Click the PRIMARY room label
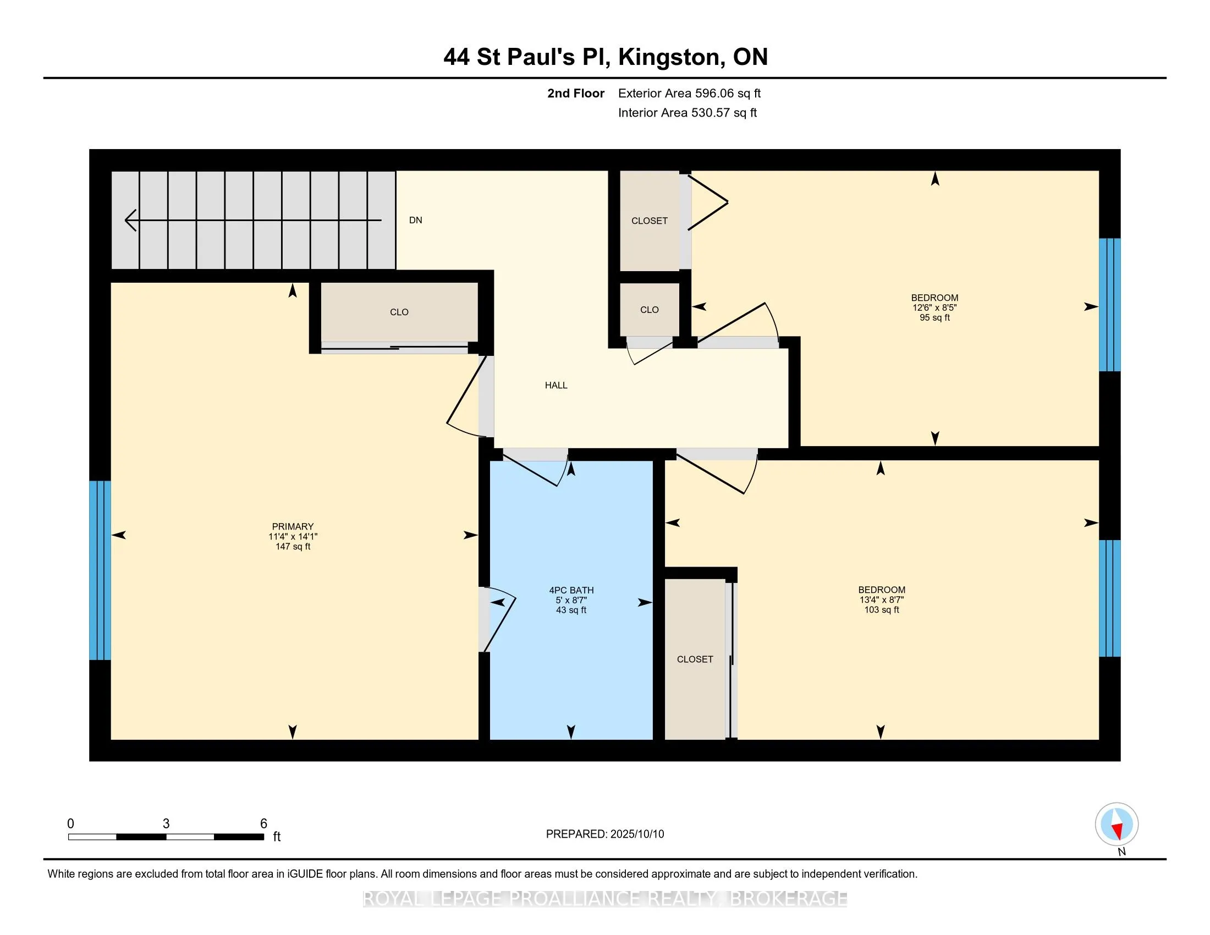pyautogui.click(x=293, y=526)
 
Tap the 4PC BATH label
pyautogui.click(x=571, y=591)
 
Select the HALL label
pyautogui.click(x=556, y=386)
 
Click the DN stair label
pyautogui.click(x=415, y=221)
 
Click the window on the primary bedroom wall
pyautogui.click(x=100, y=570)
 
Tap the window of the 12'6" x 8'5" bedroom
pyautogui.click(x=1110, y=305)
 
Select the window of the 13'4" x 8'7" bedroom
pyautogui.click(x=1110, y=598)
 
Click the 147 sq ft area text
pyautogui.click(x=293, y=547)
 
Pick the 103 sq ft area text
pyautogui.click(x=882, y=610)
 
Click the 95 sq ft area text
pyautogui.click(x=934, y=318)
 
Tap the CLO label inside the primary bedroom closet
pyautogui.click(x=399, y=312)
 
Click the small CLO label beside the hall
pyautogui.click(x=650, y=310)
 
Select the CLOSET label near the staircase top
pyautogui.click(x=650, y=221)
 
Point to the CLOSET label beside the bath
pyautogui.click(x=695, y=659)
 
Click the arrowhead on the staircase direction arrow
pyautogui.click(x=130, y=221)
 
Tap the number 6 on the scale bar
pyautogui.click(x=263, y=824)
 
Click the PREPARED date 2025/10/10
pyautogui.click(x=636, y=834)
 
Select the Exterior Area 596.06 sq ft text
pyautogui.click(x=689, y=94)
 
